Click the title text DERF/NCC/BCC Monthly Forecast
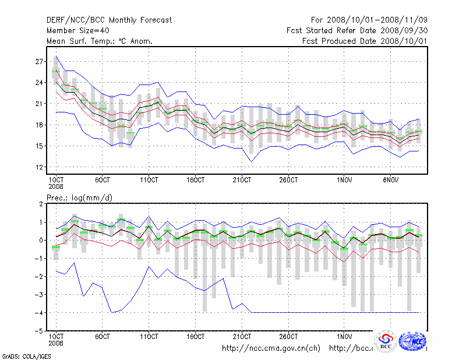(x=109, y=20)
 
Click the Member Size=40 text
(x=78, y=30)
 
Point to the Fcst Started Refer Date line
(x=357, y=30)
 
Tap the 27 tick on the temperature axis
(x=40, y=61)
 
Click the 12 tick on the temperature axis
(x=40, y=167)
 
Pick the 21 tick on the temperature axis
(x=40, y=104)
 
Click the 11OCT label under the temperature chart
(x=149, y=181)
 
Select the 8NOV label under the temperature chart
(x=391, y=181)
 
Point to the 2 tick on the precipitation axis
(x=41, y=204)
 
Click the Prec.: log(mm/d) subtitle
(x=79, y=197)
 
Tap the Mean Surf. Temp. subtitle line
(x=100, y=41)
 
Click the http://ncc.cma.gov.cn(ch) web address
(x=271, y=348)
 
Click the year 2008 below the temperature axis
(x=55, y=188)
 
